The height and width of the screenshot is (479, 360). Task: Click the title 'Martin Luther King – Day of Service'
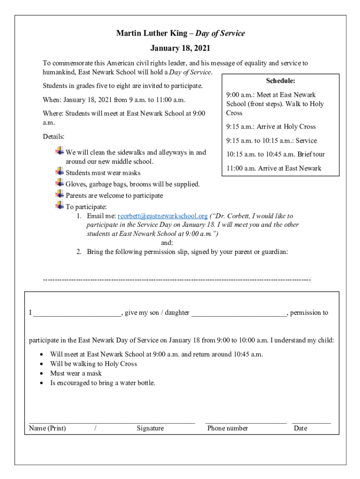point(180,33)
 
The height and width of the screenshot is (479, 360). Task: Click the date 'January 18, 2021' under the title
point(180,48)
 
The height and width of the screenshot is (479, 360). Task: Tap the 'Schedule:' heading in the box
point(281,81)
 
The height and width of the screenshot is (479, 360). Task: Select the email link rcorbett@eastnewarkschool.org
point(162,216)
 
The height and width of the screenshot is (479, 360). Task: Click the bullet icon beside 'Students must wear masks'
point(59,172)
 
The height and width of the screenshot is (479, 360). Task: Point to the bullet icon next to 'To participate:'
point(59,206)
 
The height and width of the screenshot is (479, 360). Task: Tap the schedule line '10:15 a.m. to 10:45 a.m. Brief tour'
point(275,154)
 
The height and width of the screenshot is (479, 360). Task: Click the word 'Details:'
point(54,137)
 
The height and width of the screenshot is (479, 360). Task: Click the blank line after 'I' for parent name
point(77,313)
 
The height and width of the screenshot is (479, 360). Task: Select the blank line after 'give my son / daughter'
point(238,313)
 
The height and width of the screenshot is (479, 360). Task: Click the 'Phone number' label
point(228,428)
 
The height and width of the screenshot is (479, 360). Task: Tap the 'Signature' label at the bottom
point(150,428)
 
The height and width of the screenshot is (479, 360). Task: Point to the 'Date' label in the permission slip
point(300,428)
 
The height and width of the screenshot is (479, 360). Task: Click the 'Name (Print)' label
point(47,428)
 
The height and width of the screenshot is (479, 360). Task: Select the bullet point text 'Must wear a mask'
point(76,373)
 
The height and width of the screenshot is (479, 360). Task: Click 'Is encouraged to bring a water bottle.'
point(102,383)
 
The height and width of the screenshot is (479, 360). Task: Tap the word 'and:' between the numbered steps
point(167,243)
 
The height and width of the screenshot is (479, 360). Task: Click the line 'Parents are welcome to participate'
point(114,196)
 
